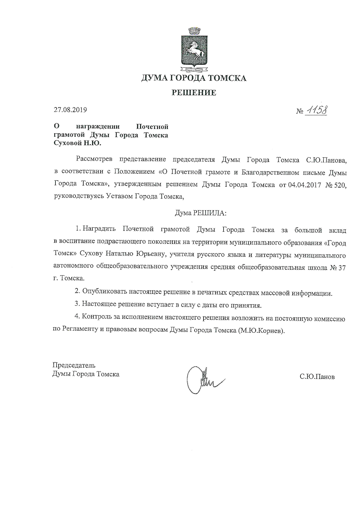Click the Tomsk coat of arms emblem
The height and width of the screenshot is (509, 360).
(x=194, y=49)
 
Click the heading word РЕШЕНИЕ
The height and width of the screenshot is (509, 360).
(x=194, y=93)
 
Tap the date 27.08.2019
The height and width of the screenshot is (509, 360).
(x=70, y=110)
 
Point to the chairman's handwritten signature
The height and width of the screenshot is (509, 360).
(x=203, y=380)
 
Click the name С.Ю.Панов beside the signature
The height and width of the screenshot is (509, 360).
(x=317, y=377)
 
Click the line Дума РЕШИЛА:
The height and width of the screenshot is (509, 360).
(x=200, y=213)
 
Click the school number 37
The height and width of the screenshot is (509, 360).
(x=342, y=268)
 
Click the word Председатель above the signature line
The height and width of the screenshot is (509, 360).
(x=74, y=365)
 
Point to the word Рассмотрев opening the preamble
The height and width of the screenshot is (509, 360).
(x=94, y=159)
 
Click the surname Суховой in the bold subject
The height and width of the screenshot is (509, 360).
(x=68, y=143)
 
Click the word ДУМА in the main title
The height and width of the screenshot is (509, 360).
(x=153, y=78)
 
